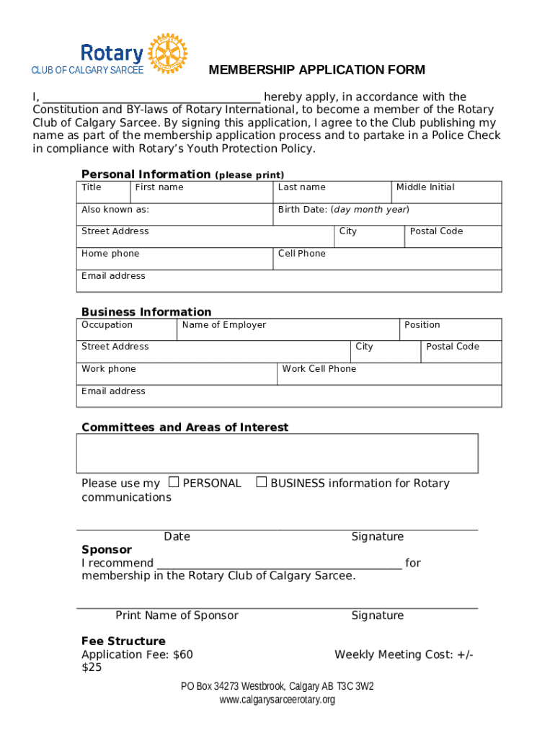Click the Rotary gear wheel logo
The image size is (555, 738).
167,53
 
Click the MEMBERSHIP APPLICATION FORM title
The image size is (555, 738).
316,70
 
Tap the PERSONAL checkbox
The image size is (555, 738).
174,482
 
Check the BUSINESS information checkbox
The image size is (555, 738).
262,482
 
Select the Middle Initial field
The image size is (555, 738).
446,192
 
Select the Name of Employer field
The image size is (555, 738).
288,329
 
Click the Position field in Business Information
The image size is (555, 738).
450,329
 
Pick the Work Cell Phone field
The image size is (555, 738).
389,374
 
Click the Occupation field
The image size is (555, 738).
127,329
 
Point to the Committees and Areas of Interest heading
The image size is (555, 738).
185,427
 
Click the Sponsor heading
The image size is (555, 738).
107,550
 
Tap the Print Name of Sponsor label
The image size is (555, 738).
177,615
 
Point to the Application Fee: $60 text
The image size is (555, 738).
137,654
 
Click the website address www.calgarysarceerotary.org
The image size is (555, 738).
277,700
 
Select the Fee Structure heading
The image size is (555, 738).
123,641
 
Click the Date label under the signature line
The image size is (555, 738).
177,536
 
